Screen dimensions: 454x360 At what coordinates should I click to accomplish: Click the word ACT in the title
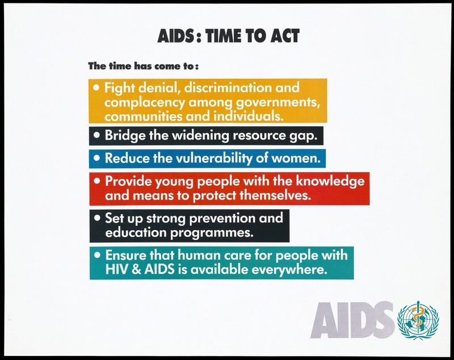point(285,36)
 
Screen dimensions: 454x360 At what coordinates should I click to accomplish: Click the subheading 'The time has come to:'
point(144,66)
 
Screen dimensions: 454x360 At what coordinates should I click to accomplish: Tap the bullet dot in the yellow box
point(97,87)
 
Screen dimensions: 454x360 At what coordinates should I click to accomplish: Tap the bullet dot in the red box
point(97,181)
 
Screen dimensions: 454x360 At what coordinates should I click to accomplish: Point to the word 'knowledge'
point(330,181)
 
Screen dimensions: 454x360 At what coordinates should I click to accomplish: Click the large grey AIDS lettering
point(352,320)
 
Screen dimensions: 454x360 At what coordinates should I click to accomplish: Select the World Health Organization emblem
point(418,320)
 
